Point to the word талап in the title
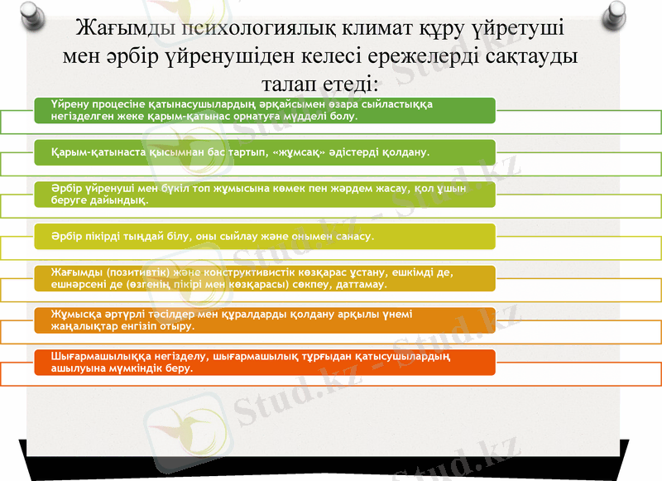(x=289, y=84)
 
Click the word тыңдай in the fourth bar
(x=147, y=237)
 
